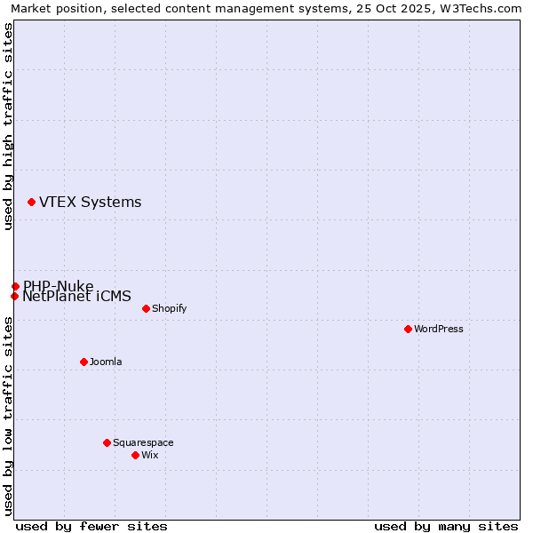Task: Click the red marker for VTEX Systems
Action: (31, 203)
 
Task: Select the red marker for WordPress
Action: (408, 329)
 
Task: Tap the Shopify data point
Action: (146, 308)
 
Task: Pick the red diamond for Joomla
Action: (84, 362)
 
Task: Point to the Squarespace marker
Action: (107, 442)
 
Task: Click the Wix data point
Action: (135, 455)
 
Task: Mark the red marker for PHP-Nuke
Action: (15, 286)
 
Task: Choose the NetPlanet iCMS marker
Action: (14, 296)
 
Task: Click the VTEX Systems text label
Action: (90, 203)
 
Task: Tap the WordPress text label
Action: (439, 329)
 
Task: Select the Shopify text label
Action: (169, 308)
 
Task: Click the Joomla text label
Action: (106, 362)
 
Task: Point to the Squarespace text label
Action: (143, 442)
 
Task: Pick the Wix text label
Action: (149, 455)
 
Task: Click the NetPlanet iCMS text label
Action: (76, 297)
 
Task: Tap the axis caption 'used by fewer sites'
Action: (91, 526)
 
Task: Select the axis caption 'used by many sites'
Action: (446, 526)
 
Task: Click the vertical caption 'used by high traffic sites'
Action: (8, 126)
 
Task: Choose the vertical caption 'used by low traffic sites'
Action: (8, 416)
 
